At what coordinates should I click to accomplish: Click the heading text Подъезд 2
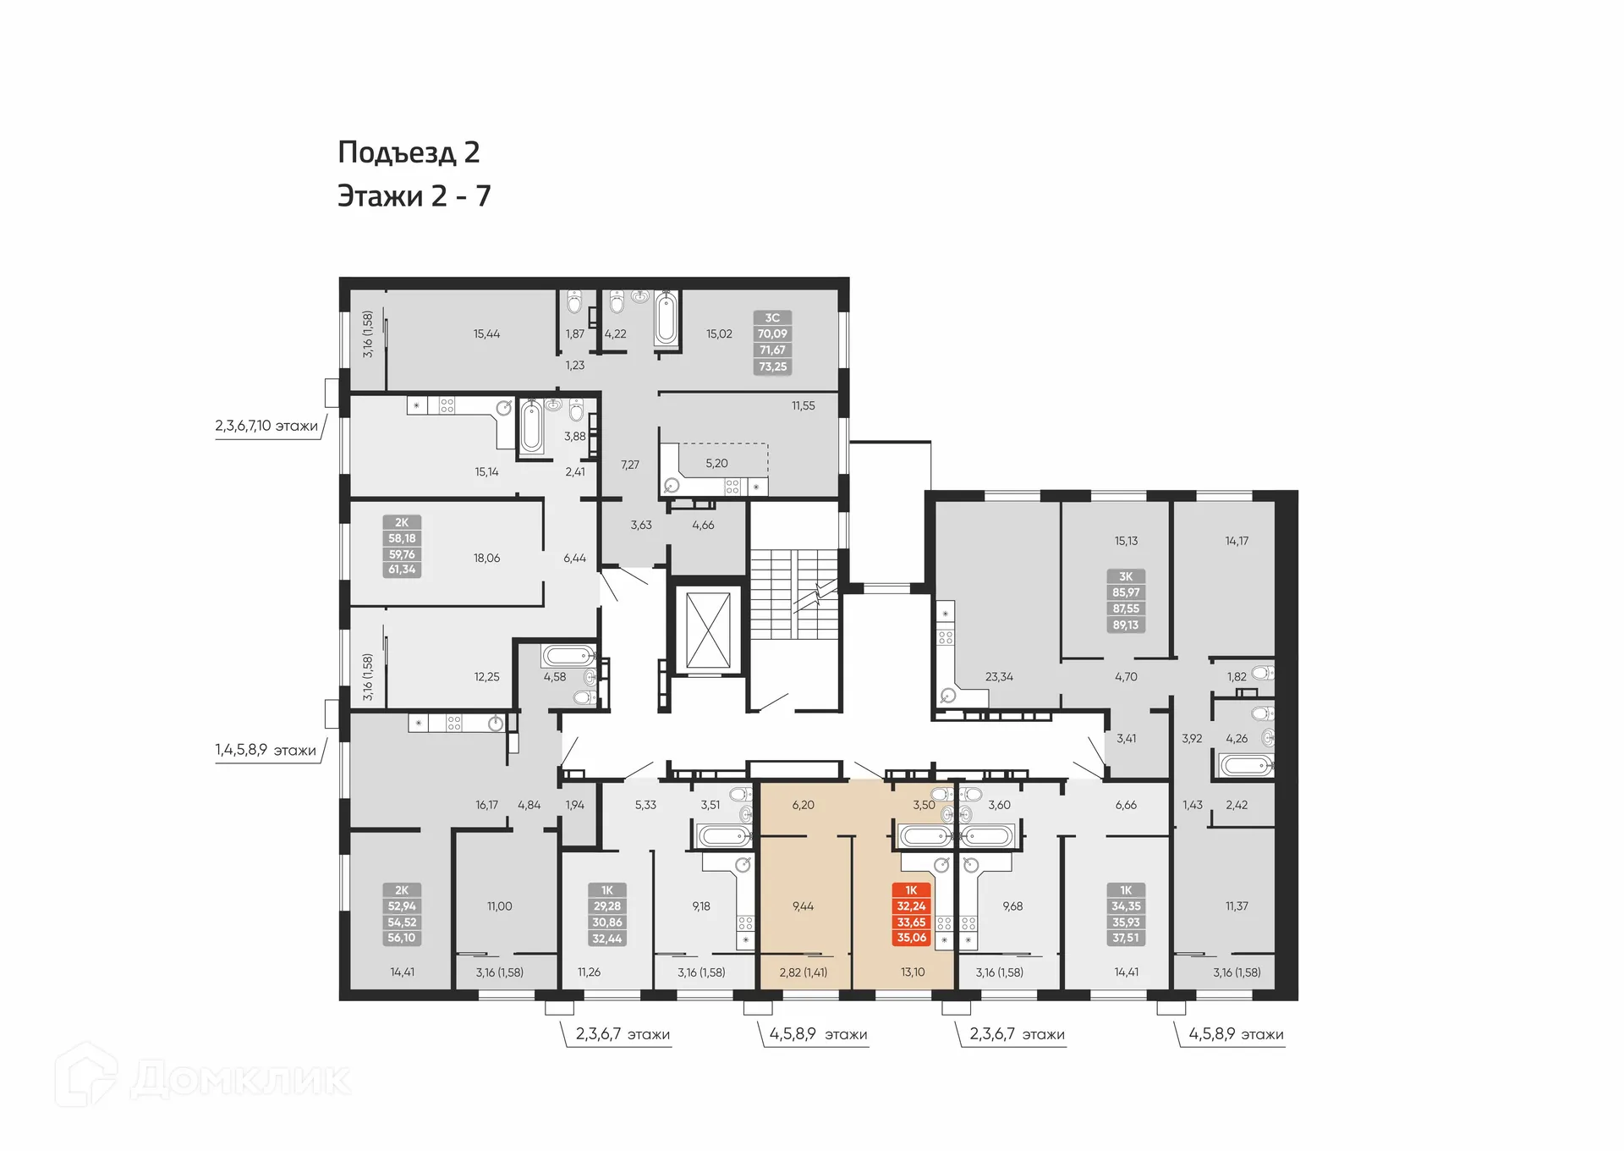point(409,152)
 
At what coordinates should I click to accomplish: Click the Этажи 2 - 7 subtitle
point(414,196)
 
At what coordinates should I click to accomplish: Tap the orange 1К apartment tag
point(911,914)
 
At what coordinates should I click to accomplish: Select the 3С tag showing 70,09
point(771,342)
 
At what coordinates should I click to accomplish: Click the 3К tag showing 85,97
point(1125,601)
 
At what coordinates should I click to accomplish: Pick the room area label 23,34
point(998,677)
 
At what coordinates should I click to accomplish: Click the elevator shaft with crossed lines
point(708,631)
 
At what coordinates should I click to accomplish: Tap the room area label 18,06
point(486,559)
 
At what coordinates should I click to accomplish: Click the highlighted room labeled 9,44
point(803,906)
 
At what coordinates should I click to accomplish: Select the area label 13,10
point(912,972)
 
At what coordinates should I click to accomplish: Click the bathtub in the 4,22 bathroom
point(667,319)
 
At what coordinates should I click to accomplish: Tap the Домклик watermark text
point(240,1080)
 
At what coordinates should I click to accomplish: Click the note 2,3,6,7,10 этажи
point(266,426)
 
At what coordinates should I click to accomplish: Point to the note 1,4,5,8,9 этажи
point(266,750)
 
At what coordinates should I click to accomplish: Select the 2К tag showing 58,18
point(402,546)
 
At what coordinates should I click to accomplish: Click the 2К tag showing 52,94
point(402,914)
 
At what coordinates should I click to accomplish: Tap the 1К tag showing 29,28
point(606,914)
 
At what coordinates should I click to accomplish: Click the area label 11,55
point(803,406)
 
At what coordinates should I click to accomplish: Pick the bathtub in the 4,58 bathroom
point(568,656)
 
